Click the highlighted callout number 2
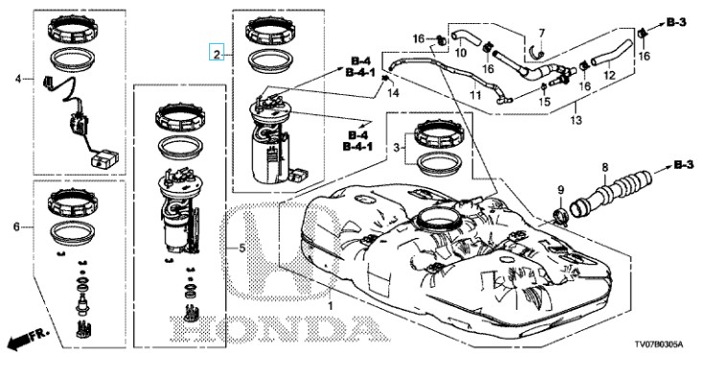coord(217,53)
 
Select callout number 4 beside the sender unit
coord(18,79)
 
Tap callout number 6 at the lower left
coord(17,226)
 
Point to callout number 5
coord(242,248)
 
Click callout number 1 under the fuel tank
coord(330,305)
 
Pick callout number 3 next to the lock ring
coord(396,148)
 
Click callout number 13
coord(576,121)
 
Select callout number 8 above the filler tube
coord(605,167)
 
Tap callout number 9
coord(561,189)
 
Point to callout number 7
coord(542,34)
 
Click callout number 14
coord(393,93)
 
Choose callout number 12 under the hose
coord(609,75)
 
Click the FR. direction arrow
coord(28,340)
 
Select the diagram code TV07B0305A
coord(659,344)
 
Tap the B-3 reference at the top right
coord(676,22)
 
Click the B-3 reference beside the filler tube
coord(684,165)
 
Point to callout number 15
coord(545,102)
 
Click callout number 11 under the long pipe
coord(475,95)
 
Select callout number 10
coord(461,53)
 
